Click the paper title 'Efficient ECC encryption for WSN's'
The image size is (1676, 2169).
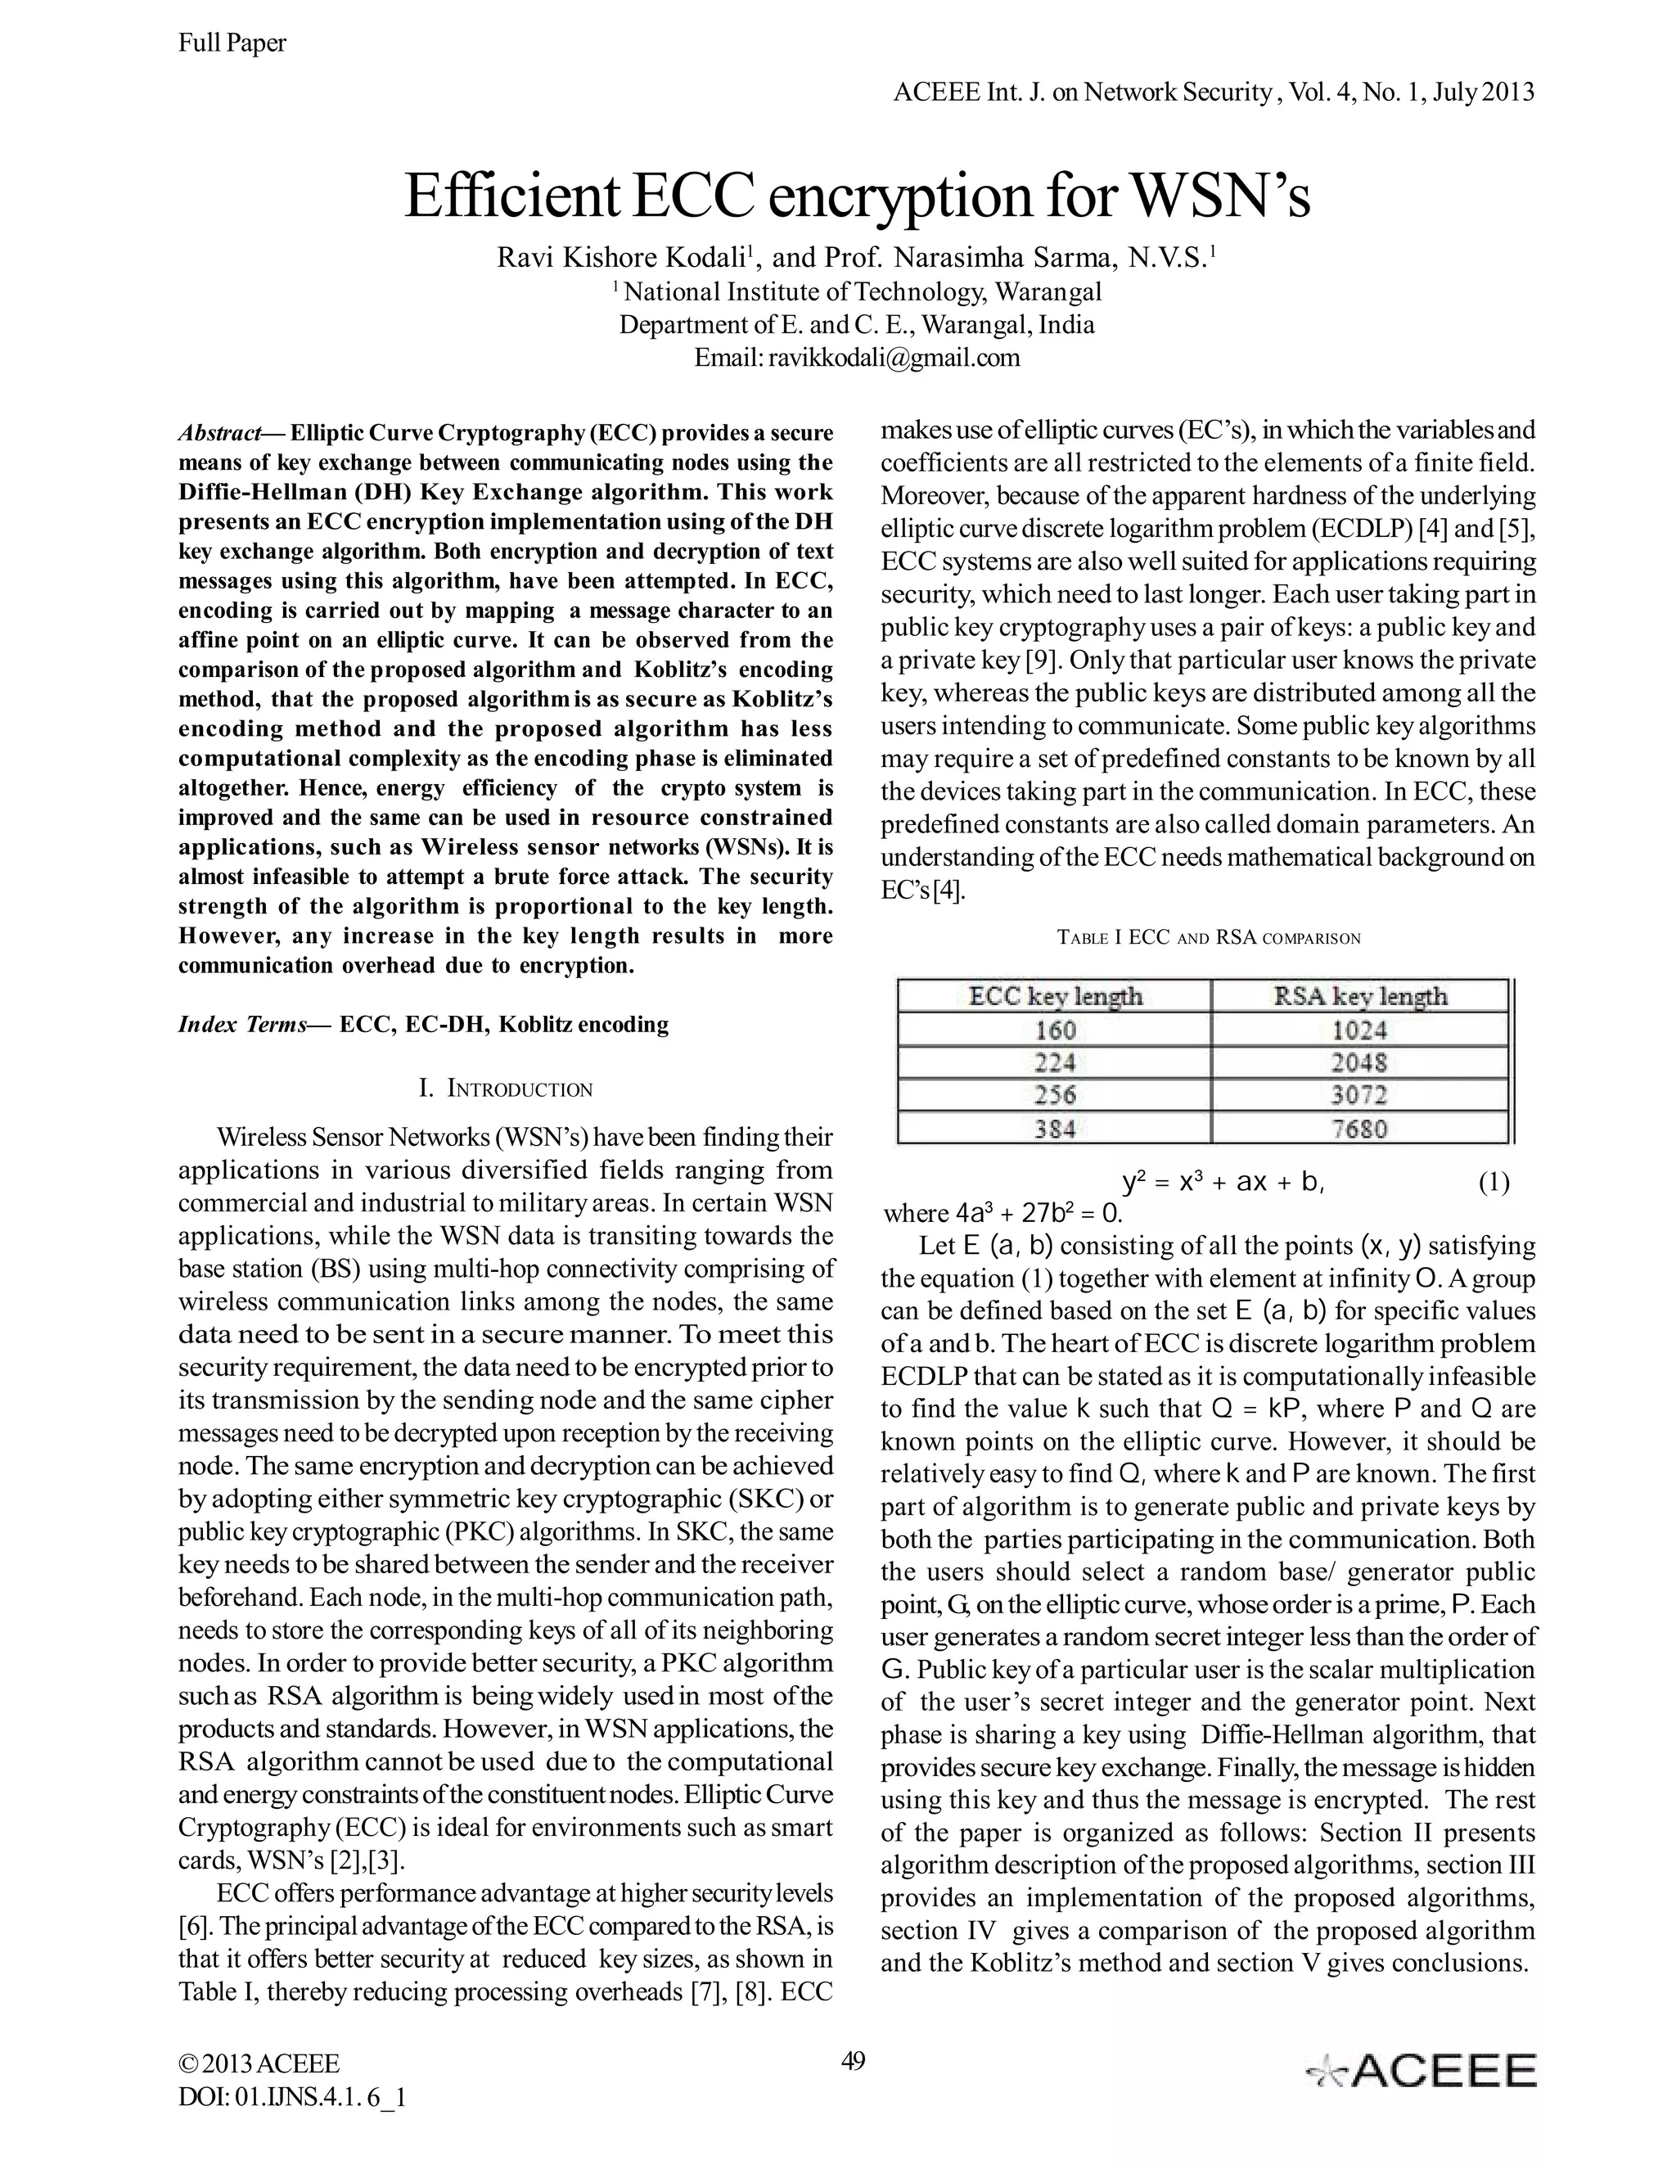pyautogui.click(x=857, y=196)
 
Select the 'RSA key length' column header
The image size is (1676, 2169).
pyautogui.click(x=1359, y=996)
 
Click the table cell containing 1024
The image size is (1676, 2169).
pyautogui.click(x=1359, y=1030)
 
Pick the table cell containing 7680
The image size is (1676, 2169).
pyautogui.click(x=1359, y=1128)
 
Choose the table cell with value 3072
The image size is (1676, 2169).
pyautogui.click(x=1359, y=1095)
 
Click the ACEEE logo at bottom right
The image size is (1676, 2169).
pyautogui.click(x=1421, y=2071)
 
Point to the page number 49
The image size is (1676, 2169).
pyautogui.click(x=853, y=2061)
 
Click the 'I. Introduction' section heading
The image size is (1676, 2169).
pyautogui.click(x=506, y=1089)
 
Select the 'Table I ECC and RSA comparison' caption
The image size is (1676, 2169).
pyautogui.click(x=1209, y=937)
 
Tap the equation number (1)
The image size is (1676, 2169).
pyautogui.click(x=1494, y=1182)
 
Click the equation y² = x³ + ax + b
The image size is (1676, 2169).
pyautogui.click(x=1223, y=1182)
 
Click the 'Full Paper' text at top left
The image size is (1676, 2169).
pyautogui.click(x=232, y=43)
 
